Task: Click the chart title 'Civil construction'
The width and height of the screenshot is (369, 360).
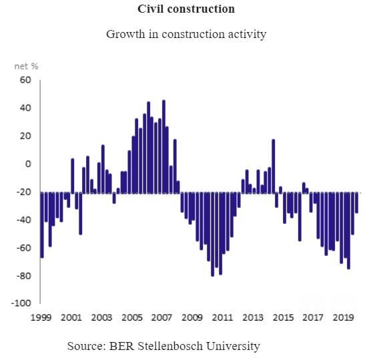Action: point(186,9)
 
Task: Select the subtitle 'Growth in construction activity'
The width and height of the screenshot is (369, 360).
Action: point(186,34)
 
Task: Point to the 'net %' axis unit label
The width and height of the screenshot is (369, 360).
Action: point(27,66)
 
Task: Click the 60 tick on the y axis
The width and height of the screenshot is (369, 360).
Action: point(26,80)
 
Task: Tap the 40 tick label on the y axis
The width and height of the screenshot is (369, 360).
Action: point(26,108)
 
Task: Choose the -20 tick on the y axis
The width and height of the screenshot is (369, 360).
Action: point(25,192)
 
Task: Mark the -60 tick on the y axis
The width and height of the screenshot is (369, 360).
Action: point(25,248)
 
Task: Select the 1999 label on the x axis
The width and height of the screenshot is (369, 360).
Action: point(41,318)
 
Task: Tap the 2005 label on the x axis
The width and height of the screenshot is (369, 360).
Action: point(131,318)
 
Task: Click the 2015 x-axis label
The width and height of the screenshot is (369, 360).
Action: point(282,318)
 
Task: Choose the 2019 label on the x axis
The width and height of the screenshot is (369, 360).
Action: point(342,318)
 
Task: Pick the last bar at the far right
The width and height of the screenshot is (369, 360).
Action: point(357,203)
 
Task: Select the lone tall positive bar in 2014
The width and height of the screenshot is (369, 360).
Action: point(274,166)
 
